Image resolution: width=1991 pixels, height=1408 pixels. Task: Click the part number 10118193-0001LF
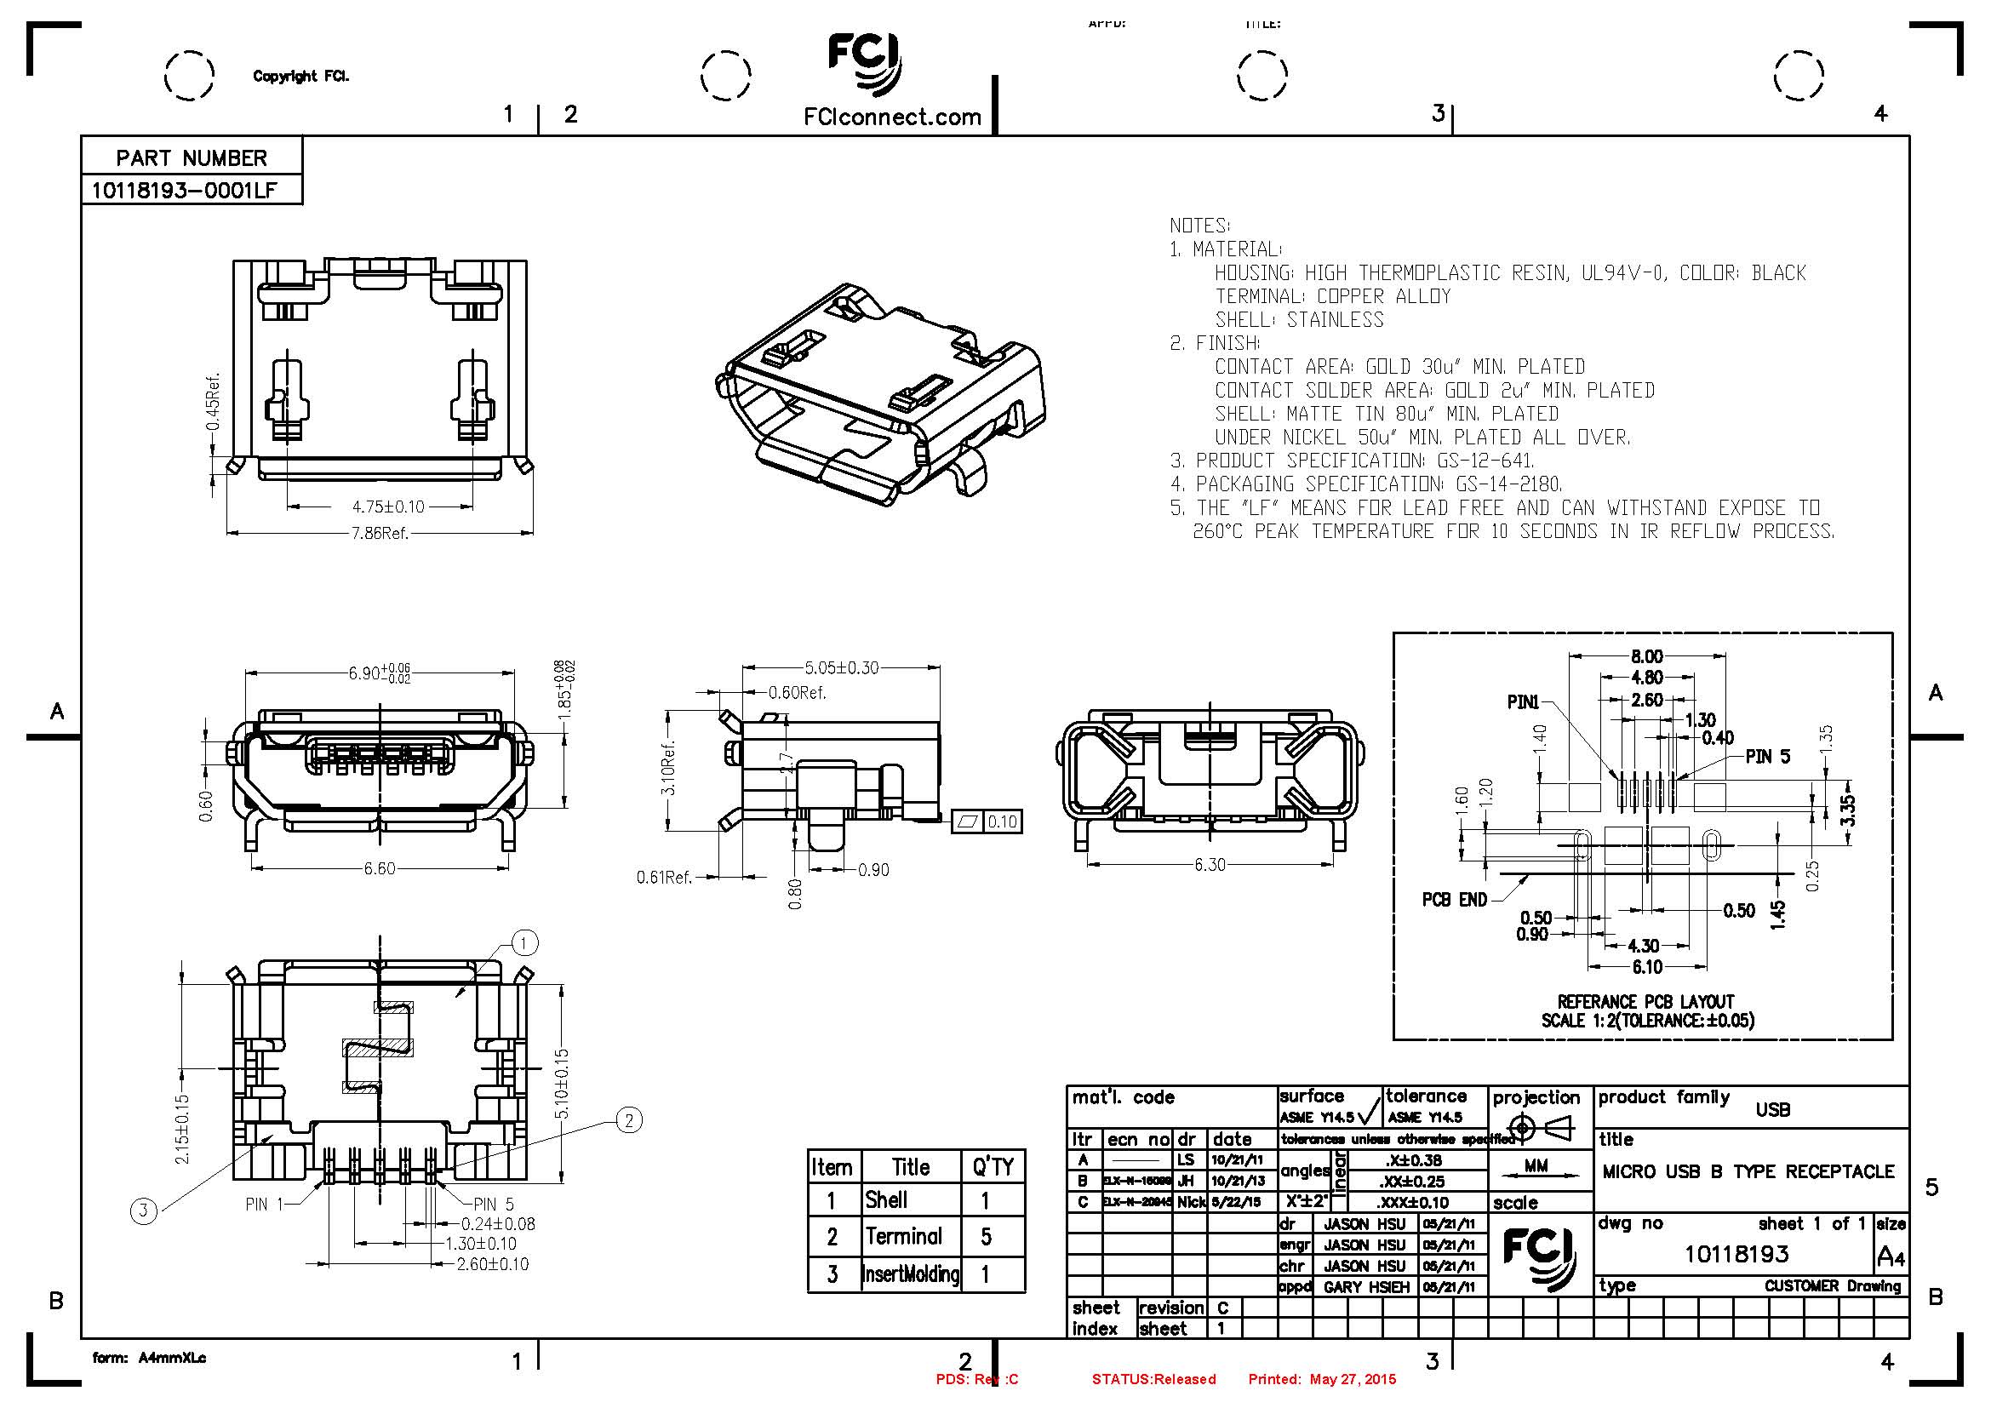tap(184, 190)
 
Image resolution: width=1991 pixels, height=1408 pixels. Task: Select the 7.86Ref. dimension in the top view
tap(379, 533)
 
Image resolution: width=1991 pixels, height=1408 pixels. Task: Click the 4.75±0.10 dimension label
tap(387, 507)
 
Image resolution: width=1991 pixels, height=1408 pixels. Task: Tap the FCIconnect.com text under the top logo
tap(892, 117)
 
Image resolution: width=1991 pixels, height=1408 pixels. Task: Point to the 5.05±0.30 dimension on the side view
tap(841, 667)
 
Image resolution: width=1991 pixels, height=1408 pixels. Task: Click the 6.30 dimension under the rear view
tap(1210, 864)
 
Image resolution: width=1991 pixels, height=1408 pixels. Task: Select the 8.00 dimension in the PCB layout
tap(1647, 656)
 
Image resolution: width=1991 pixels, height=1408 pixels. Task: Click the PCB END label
tap(1454, 900)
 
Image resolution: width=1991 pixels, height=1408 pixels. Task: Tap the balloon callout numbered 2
tap(629, 1120)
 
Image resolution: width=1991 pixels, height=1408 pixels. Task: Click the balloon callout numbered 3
tap(144, 1211)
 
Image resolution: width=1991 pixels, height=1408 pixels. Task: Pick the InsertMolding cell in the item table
tap(911, 1273)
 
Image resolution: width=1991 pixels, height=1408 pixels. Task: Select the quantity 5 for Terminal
tap(986, 1236)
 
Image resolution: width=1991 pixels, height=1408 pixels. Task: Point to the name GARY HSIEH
tap(1365, 1287)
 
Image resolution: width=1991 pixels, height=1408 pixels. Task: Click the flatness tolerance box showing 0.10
tap(1002, 821)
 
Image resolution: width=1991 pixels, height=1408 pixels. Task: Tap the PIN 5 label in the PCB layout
tap(1767, 757)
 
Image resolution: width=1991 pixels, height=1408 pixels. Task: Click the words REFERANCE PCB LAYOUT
tap(1645, 1001)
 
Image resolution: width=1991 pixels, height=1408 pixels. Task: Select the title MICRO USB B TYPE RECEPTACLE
tap(1748, 1171)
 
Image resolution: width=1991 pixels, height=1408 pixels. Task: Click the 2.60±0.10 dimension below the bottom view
tap(493, 1264)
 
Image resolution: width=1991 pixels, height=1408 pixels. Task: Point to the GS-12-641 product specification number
tap(1485, 461)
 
